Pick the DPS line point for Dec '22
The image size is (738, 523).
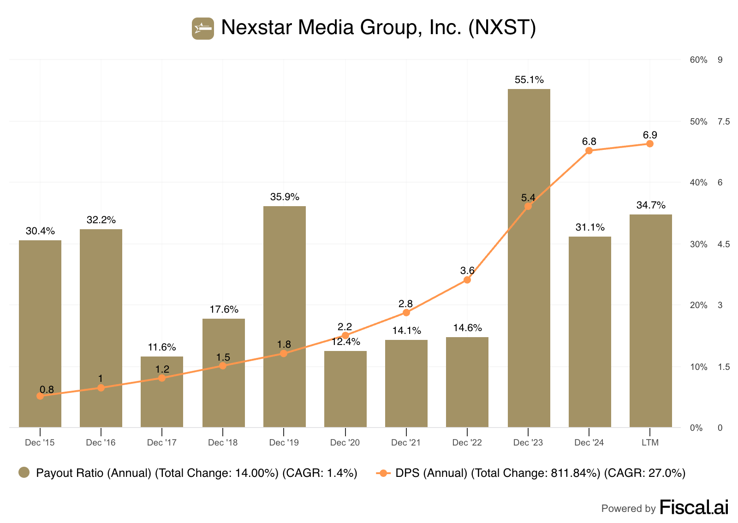click(467, 280)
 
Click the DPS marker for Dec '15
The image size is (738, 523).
click(40, 396)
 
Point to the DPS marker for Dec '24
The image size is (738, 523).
click(589, 151)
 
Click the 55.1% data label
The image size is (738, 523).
click(529, 80)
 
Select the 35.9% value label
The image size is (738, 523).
click(285, 197)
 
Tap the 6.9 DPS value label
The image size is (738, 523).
click(650, 135)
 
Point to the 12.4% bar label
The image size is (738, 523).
click(345, 342)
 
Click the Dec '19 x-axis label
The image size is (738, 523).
click(284, 443)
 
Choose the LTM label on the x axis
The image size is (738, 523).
click(650, 443)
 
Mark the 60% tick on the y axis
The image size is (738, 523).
click(698, 60)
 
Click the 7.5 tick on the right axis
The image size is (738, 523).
click(724, 122)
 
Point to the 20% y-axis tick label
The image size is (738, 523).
click(698, 305)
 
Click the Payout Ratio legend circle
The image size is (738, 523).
click(24, 473)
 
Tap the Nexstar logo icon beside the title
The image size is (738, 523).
click(203, 29)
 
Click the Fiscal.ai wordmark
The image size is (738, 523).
click(694, 507)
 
